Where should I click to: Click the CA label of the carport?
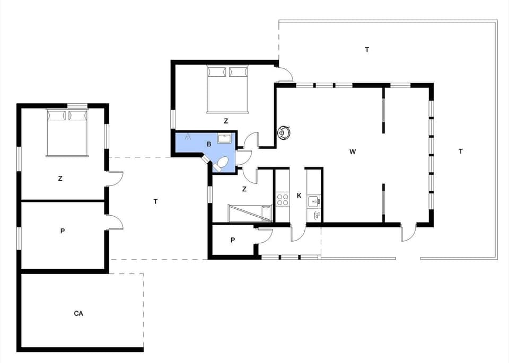click(x=78, y=314)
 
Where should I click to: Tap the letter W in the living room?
click(x=353, y=152)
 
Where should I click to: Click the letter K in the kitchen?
click(x=299, y=196)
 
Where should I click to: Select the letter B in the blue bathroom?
click(x=209, y=144)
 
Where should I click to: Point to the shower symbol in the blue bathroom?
click(x=187, y=137)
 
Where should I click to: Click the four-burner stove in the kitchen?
click(x=282, y=199)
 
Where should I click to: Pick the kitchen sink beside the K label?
click(x=314, y=200)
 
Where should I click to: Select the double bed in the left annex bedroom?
click(x=67, y=132)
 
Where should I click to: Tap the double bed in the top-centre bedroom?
click(x=227, y=89)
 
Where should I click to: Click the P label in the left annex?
click(x=63, y=231)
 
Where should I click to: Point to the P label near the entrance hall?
click(x=232, y=240)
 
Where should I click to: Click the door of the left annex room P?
click(x=115, y=223)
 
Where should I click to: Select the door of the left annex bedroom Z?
click(x=115, y=179)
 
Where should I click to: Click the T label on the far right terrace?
click(x=461, y=152)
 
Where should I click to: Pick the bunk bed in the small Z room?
click(x=250, y=213)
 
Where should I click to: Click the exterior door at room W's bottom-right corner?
click(x=408, y=233)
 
